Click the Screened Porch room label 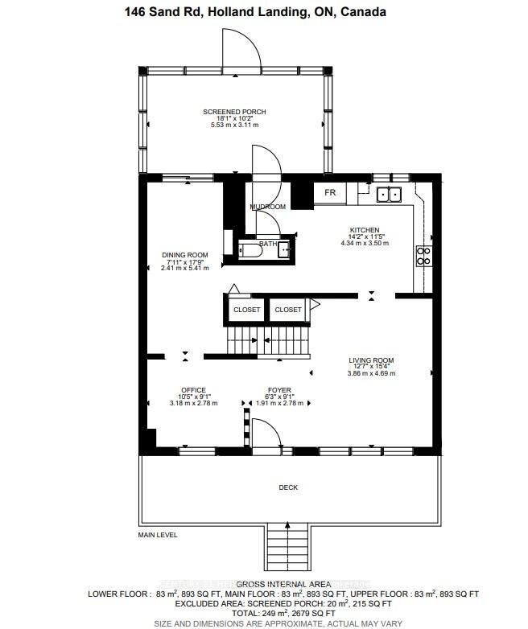pyautogui.click(x=234, y=112)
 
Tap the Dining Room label pyautogui.click(x=184, y=255)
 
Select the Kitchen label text pyautogui.click(x=365, y=229)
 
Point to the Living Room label pyautogui.click(x=370, y=360)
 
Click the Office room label pyautogui.click(x=193, y=390)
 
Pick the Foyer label pyautogui.click(x=279, y=390)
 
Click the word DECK pyautogui.click(x=288, y=487)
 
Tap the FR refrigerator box pyautogui.click(x=330, y=193)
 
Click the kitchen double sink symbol pyautogui.click(x=390, y=194)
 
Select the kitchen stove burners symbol pyautogui.click(x=423, y=256)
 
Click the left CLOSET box pyautogui.click(x=246, y=309)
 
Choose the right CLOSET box pyautogui.click(x=288, y=309)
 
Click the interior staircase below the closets pyautogui.click(x=266, y=339)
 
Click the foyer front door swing pyautogui.click(x=266, y=434)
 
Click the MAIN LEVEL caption pyautogui.click(x=157, y=535)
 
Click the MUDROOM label pyautogui.click(x=267, y=207)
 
